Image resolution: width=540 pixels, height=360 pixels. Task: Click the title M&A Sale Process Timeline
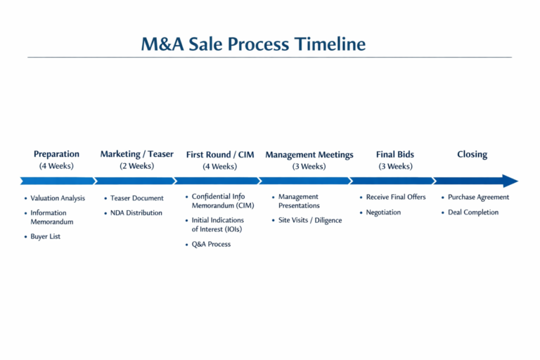(x=253, y=44)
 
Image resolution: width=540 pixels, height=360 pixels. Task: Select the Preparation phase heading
(x=56, y=154)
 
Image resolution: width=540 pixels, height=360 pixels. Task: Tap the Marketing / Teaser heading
(x=136, y=154)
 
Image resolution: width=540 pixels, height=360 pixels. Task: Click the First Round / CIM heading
(x=220, y=155)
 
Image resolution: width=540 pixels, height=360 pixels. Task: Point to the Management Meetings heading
(x=309, y=155)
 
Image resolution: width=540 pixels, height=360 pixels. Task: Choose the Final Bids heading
(x=395, y=154)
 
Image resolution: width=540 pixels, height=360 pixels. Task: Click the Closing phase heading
(x=472, y=154)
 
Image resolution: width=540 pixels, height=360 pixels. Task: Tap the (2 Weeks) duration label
(x=136, y=166)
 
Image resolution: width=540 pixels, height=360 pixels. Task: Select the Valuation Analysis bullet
(x=58, y=198)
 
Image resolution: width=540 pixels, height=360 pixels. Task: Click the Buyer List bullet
(x=45, y=236)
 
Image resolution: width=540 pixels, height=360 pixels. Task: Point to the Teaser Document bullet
(x=136, y=198)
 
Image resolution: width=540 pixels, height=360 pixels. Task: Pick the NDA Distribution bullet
(x=136, y=212)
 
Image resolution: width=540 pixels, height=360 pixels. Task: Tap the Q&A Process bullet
(x=211, y=244)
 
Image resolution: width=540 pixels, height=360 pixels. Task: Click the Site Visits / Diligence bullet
(x=310, y=220)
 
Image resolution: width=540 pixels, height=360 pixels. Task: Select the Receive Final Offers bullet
(x=396, y=197)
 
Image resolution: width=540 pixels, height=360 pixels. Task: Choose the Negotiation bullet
(x=383, y=212)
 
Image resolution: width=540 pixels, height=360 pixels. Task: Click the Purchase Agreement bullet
(x=478, y=197)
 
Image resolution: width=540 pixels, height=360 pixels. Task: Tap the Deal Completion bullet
(x=473, y=212)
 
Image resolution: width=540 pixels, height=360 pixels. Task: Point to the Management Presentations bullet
(x=299, y=201)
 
